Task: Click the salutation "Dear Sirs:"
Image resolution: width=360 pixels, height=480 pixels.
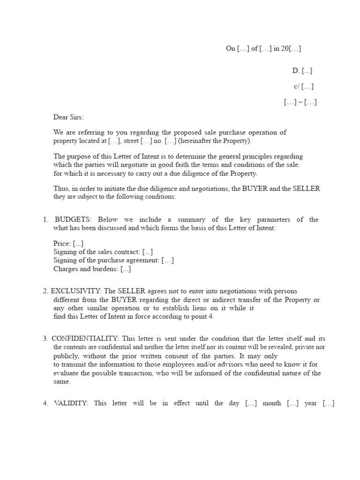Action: click(68, 118)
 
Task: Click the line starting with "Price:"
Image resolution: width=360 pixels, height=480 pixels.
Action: click(68, 244)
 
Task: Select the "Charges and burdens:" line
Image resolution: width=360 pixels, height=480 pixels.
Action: click(92, 269)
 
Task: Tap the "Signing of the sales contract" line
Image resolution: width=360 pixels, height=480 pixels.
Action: click(103, 252)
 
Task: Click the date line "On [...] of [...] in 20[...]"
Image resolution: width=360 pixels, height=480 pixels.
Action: click(267, 48)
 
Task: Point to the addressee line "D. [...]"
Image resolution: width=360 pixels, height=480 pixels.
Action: click(302, 71)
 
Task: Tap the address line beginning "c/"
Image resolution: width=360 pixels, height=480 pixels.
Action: click(304, 86)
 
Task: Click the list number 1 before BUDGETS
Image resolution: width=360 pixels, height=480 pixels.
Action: click(45, 220)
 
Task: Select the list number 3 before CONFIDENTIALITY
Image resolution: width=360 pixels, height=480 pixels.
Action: click(45, 338)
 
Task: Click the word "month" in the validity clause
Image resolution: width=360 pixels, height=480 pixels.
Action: click(271, 403)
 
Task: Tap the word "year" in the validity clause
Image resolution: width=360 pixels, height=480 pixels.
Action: click(311, 403)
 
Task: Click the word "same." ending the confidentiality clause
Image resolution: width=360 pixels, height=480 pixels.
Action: click(62, 382)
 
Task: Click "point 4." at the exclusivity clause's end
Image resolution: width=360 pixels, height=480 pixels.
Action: click(203, 317)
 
